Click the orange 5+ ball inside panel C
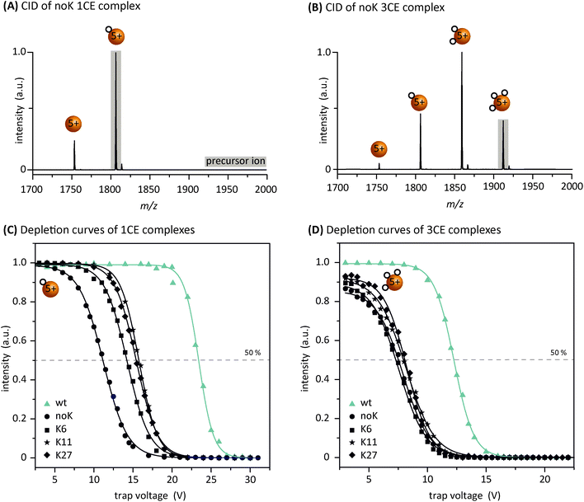(49, 289)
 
